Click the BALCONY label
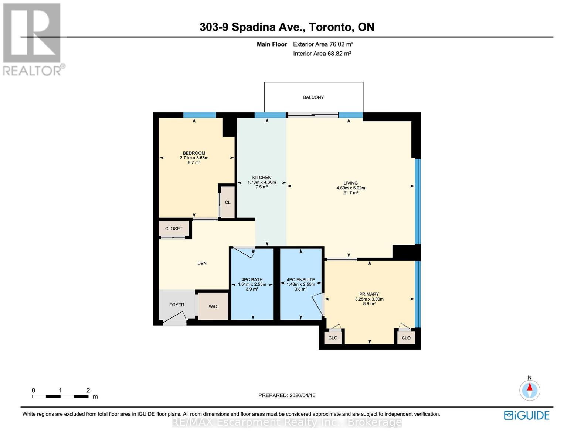coord(313,97)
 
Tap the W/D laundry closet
coord(213,306)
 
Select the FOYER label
coord(177,305)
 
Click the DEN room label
coord(202,264)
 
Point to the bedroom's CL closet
coord(228,202)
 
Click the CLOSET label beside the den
coord(174,229)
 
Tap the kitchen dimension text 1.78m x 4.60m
coord(262,182)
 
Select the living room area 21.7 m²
coord(350,193)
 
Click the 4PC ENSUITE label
coord(301,280)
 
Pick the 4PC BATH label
coord(252,280)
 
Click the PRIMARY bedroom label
coord(369,295)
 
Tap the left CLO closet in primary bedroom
coord(333,338)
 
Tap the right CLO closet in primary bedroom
coord(406,338)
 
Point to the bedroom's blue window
coord(200,115)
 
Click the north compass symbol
coord(530,390)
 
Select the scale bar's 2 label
coord(88,391)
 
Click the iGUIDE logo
coord(527,415)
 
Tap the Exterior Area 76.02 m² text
coord(323,44)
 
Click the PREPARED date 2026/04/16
coord(287,395)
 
